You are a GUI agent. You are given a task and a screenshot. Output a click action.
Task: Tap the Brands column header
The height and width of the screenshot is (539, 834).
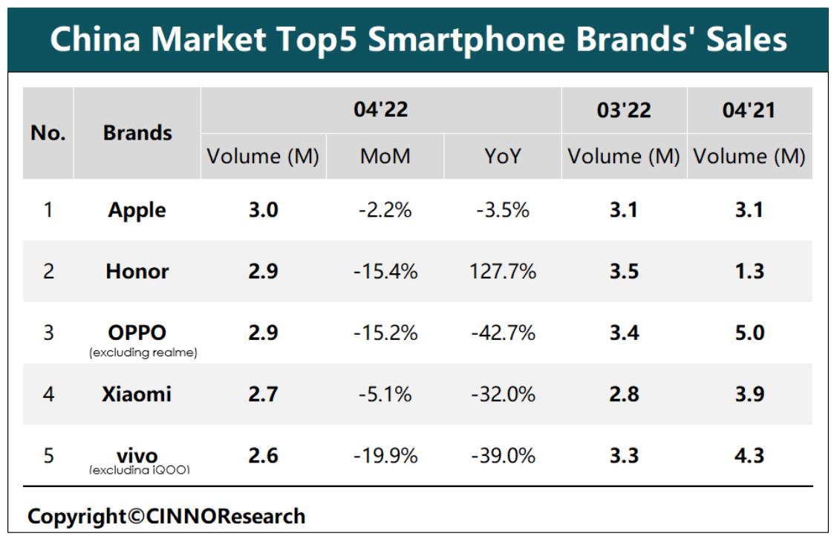coord(137,134)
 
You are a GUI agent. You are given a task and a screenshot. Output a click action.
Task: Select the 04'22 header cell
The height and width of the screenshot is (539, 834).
coord(381,111)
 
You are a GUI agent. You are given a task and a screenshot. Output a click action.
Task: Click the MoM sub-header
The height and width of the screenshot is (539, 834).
coord(385,157)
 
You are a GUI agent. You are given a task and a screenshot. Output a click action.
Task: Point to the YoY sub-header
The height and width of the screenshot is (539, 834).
coord(503,157)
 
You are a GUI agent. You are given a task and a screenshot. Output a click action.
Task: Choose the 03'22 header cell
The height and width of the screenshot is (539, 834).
coord(624,111)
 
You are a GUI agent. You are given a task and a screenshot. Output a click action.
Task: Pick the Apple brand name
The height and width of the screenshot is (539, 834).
coord(137,210)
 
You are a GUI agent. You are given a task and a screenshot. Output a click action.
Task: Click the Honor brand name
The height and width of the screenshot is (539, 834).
coord(137,271)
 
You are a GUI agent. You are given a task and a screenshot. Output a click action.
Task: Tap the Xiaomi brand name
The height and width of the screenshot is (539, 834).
coord(137,393)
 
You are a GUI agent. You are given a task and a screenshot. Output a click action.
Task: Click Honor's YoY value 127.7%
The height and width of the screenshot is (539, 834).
coord(503,271)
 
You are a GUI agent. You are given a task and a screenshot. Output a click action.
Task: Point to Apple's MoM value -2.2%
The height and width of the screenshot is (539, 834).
coord(385,210)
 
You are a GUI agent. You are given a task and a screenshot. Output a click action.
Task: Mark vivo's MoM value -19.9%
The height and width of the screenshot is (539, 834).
coord(385,455)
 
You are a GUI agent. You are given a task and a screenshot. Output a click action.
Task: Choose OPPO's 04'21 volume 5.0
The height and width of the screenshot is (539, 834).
coord(749,333)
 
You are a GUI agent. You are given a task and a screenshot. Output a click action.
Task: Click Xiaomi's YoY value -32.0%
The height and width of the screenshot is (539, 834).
coord(503,393)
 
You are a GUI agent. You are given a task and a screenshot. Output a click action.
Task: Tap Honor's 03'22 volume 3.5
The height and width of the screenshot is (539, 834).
coord(624,271)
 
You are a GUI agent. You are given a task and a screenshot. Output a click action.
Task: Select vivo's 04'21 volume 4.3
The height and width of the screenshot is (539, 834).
coord(749,455)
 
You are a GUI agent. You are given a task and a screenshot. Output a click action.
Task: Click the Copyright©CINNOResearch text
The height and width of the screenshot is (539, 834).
coord(166,516)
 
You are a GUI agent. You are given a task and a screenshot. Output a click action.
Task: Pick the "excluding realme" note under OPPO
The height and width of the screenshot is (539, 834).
coord(143,353)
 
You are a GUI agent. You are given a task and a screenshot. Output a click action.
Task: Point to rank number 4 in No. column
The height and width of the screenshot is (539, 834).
coord(48,393)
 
